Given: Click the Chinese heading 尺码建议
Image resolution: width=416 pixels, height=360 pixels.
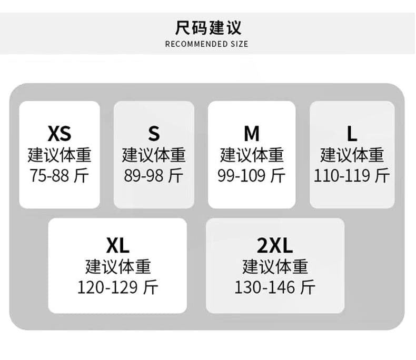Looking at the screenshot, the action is [x=208, y=27].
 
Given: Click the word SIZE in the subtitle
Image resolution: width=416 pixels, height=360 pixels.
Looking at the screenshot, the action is [x=239, y=44].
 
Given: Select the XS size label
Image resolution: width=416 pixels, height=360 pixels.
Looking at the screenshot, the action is [x=60, y=134].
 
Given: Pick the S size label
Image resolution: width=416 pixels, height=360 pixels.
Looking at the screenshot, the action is [x=154, y=134].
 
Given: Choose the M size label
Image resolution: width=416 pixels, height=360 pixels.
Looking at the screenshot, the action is [x=252, y=134].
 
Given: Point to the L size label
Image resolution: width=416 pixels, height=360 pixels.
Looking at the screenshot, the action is [x=352, y=134].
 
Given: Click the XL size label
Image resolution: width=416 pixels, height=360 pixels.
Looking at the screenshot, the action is [x=117, y=245].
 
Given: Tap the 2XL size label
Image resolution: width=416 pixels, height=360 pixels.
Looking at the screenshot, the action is [x=275, y=245].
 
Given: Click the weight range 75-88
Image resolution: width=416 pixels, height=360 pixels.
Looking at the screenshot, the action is [x=49, y=175].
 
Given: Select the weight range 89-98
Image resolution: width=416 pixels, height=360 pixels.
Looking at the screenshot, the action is [x=144, y=175].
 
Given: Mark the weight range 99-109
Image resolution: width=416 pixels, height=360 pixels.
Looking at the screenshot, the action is [x=241, y=175].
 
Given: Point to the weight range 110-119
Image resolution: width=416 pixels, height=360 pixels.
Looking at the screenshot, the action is [x=342, y=175].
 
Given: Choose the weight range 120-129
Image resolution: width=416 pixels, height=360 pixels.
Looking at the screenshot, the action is [x=107, y=287].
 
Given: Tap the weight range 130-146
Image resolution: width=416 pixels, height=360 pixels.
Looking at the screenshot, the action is [x=264, y=287].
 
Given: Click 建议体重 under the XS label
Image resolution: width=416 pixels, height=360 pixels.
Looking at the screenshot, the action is [x=60, y=155].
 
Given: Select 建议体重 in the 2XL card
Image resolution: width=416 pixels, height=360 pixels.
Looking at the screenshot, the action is [x=275, y=267].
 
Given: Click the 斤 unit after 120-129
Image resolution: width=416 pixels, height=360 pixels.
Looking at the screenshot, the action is [x=151, y=287].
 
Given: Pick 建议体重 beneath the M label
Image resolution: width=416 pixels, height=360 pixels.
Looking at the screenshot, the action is [x=252, y=155].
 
